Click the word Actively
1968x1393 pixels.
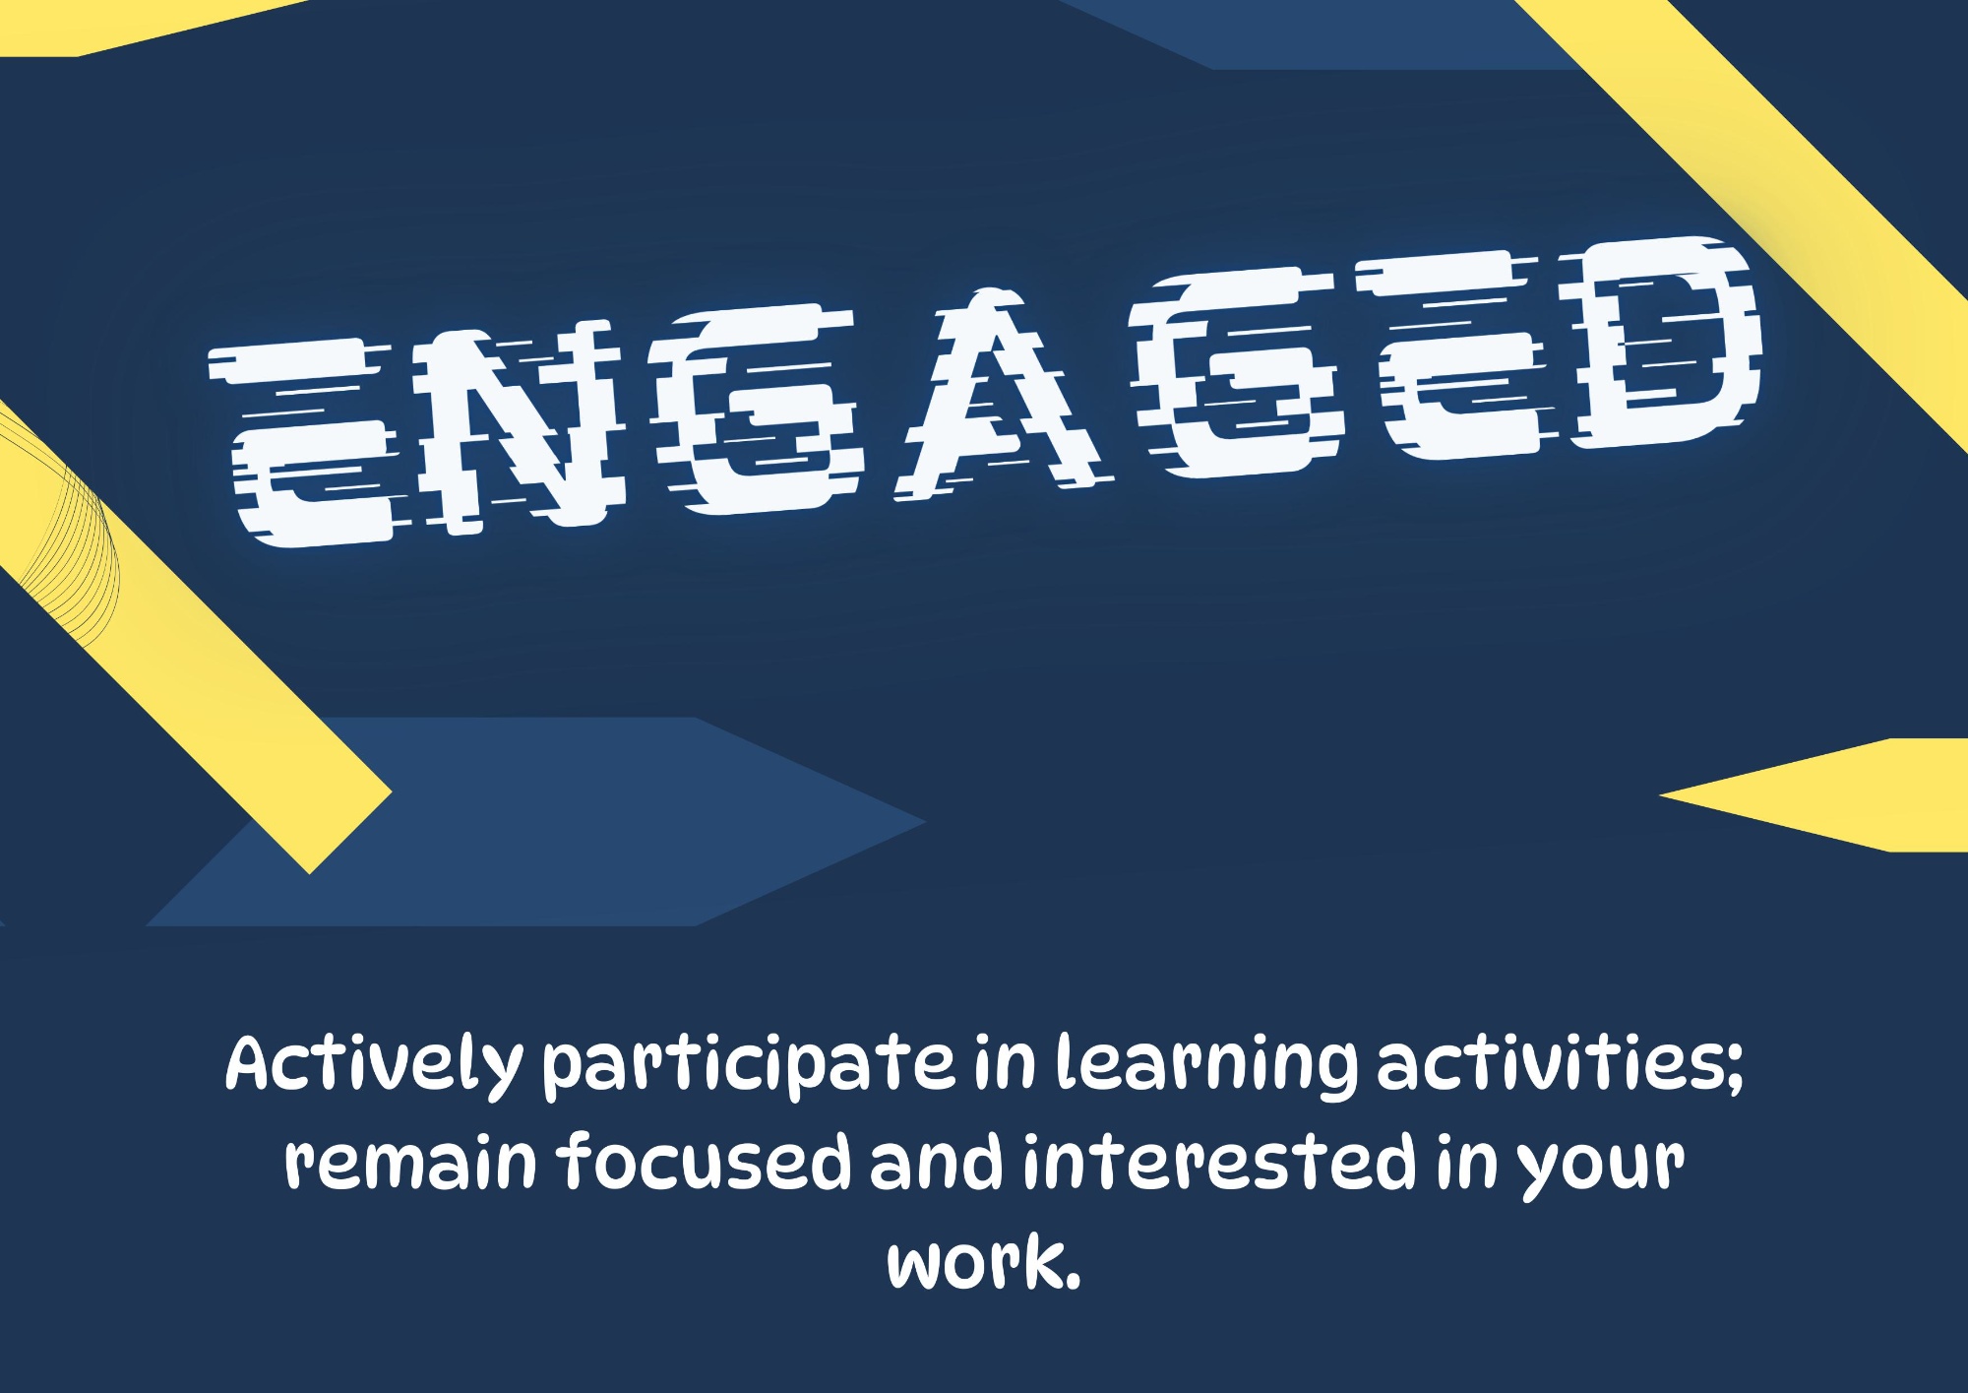coord(375,1065)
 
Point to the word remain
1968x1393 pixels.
coord(410,1162)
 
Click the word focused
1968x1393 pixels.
coord(705,1160)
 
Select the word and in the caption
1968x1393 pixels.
coord(936,1160)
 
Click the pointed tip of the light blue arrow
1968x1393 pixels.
coord(925,821)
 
